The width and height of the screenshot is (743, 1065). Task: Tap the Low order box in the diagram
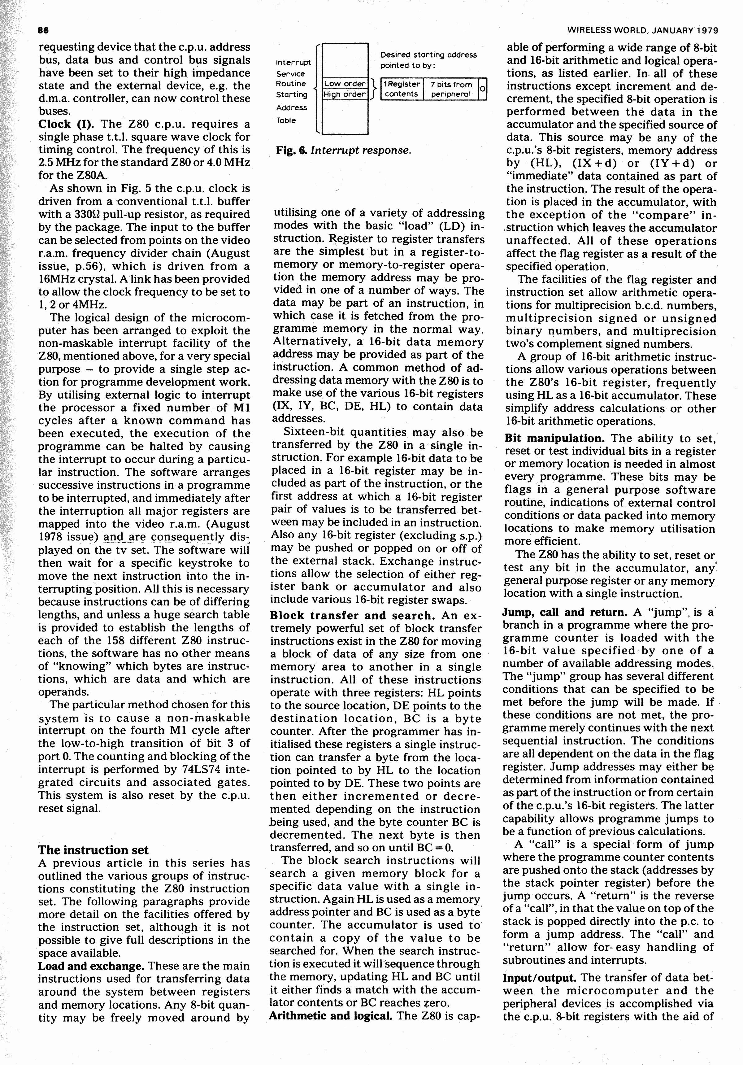point(345,84)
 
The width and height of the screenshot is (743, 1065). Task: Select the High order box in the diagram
point(345,94)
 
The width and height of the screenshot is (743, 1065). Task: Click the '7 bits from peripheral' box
point(451,89)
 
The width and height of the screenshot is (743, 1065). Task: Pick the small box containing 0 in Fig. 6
point(482,89)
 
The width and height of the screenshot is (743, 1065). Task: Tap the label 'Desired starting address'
point(428,55)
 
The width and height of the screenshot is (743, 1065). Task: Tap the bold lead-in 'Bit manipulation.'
point(555,438)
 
